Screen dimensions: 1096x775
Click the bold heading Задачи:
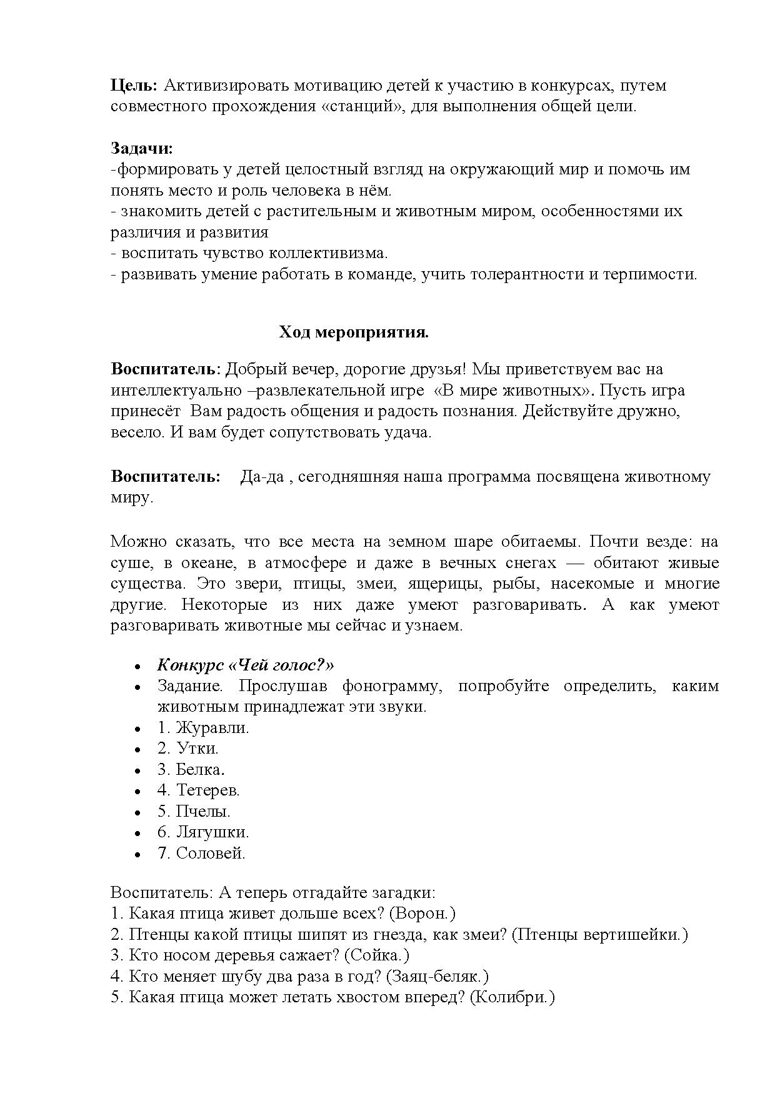click(142, 148)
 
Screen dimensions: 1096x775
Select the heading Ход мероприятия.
click(353, 332)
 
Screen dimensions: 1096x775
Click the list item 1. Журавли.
click(203, 727)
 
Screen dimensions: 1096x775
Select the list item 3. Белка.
click(191, 769)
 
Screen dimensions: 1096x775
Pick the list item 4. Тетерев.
click(198, 790)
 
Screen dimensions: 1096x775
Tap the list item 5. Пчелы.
click(194, 811)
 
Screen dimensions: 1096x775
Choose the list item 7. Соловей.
click(201, 853)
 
